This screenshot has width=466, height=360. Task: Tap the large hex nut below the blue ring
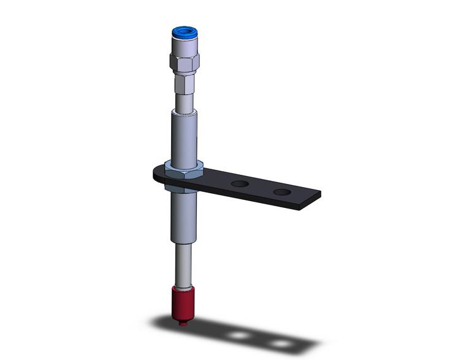click(183, 61)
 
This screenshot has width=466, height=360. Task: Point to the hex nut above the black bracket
click(183, 166)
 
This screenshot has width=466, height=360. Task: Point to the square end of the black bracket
click(310, 199)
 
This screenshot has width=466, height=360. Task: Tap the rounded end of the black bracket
click(157, 172)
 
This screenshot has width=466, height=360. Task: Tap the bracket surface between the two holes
click(261, 187)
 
